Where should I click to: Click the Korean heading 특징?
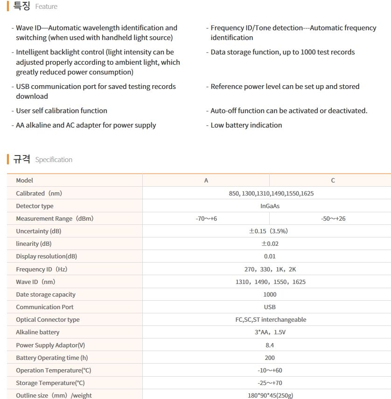(x=22, y=6)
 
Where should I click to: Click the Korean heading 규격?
(x=22, y=159)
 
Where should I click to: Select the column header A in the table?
(x=206, y=181)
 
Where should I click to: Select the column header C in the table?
(x=333, y=181)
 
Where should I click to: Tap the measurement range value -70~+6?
(x=206, y=218)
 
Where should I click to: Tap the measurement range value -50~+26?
(x=333, y=218)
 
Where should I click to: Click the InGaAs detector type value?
(x=270, y=206)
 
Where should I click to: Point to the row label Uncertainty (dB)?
(x=39, y=231)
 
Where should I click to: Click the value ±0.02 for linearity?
(x=270, y=243)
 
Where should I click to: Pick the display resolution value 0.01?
(x=270, y=256)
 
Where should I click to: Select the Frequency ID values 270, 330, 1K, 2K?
(x=270, y=269)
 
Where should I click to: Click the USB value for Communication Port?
(x=270, y=307)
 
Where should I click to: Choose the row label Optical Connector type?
(x=48, y=319)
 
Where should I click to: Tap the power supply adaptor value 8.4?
(x=270, y=345)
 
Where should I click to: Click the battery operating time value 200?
(x=270, y=358)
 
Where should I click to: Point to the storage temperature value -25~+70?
(x=270, y=383)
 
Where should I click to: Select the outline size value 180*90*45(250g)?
(x=270, y=395)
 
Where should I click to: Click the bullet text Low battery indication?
(x=246, y=125)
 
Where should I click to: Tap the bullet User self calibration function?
(x=62, y=110)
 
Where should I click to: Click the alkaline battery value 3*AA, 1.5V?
(x=270, y=332)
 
